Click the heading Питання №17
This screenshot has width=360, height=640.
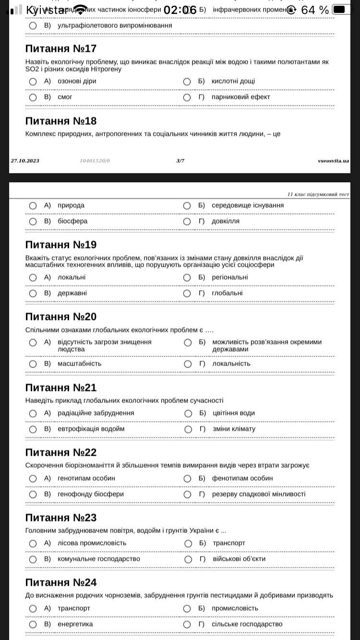coord(61,48)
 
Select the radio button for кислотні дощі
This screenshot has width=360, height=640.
coord(187,82)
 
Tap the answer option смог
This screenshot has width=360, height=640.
coord(65,97)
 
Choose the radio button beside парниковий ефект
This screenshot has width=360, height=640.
coord(187,97)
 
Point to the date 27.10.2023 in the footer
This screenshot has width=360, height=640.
coord(25,161)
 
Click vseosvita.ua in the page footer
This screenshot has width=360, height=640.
coord(333,161)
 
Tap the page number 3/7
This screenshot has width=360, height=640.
coord(180,161)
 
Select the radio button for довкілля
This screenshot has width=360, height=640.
coord(187,222)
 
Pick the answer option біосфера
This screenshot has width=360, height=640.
coord(72,221)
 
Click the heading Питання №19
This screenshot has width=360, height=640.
coord(61,245)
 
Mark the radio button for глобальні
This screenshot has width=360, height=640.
coord(187,294)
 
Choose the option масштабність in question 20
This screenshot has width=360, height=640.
coord(80,364)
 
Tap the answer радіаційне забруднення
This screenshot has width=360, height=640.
coord(96,413)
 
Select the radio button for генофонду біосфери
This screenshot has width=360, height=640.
coord(33,495)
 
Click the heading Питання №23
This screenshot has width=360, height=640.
coord(61,518)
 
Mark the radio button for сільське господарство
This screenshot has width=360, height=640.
coord(187,625)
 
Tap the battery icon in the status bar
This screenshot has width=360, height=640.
coord(340,10)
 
